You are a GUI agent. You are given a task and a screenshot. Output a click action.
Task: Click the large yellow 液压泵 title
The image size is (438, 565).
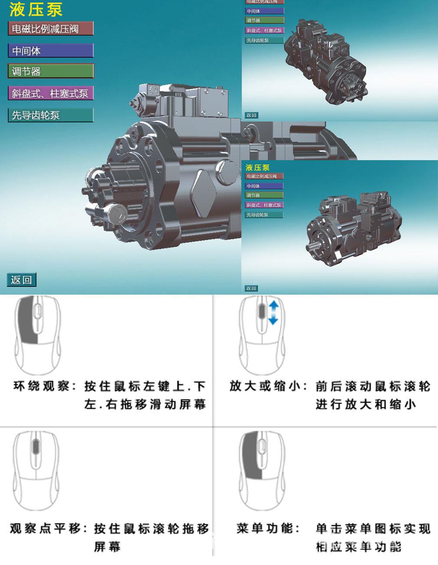pyautogui.click(x=36, y=9)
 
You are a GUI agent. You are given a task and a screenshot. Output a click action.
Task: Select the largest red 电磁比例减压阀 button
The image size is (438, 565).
pyautogui.click(x=50, y=29)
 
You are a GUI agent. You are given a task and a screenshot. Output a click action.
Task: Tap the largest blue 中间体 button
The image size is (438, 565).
pyautogui.click(x=50, y=51)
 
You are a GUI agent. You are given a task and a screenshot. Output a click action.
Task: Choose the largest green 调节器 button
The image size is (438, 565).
pyautogui.click(x=50, y=71)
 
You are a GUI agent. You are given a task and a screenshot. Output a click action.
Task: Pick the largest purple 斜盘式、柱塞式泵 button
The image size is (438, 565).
pyautogui.click(x=50, y=93)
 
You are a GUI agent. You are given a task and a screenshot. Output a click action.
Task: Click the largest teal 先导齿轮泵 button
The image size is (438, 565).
pyautogui.click(x=50, y=115)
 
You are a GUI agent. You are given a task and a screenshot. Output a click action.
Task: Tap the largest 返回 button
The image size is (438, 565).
pyautogui.click(x=21, y=280)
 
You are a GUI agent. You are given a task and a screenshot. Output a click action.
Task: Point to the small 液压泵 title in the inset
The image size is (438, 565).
pyautogui.click(x=257, y=168)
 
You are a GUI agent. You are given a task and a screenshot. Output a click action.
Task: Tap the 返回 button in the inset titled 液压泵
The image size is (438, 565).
pyautogui.click(x=251, y=288)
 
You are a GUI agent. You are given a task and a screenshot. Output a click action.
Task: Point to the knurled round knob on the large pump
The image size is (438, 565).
pyautogui.click(x=117, y=214)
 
